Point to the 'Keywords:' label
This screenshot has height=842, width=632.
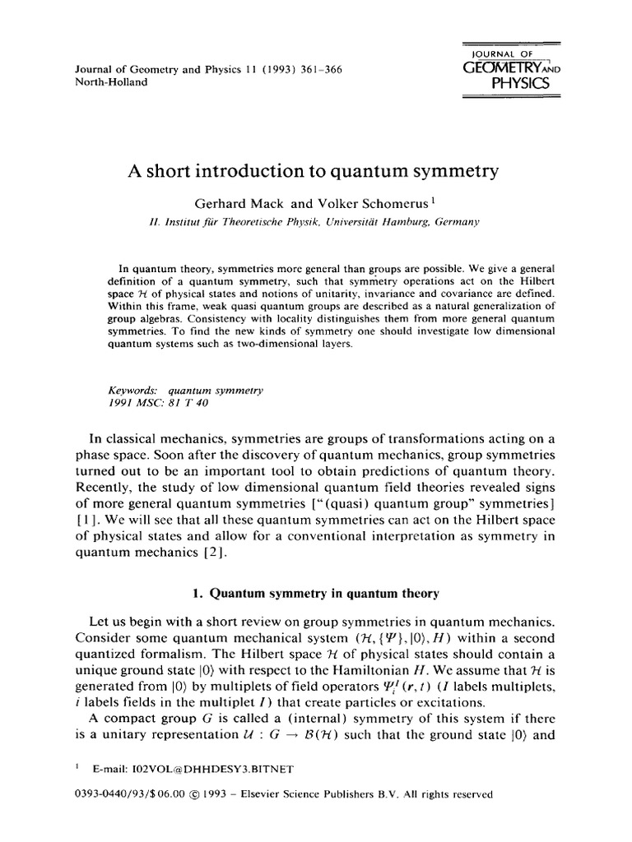(132, 390)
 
